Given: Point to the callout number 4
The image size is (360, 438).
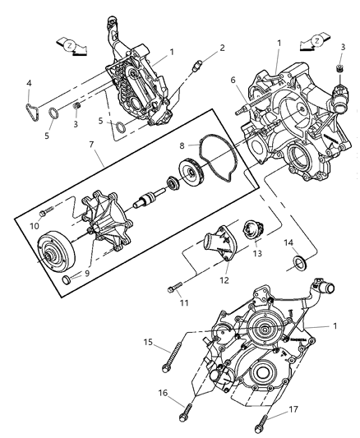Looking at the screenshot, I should coord(30,82).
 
